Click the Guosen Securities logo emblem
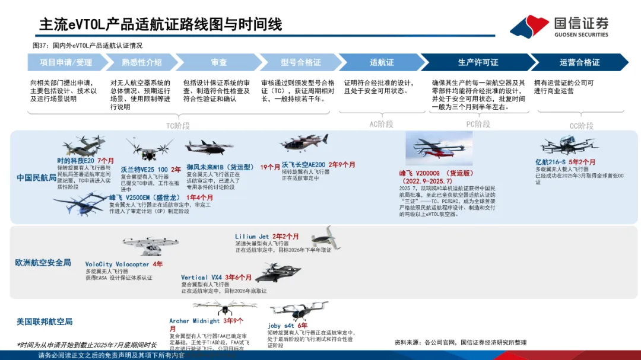coord(529,27)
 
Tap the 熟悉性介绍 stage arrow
coord(141,62)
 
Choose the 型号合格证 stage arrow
coord(300,62)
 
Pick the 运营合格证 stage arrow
coord(579,62)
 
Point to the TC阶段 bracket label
coord(177,126)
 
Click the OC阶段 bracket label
coord(581,126)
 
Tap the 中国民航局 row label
coord(36,177)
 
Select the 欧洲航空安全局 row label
coord(43,262)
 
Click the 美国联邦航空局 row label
coord(45,321)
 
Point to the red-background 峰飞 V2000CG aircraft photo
coord(439,148)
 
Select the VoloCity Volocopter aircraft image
coord(132,246)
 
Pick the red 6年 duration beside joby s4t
coord(303,326)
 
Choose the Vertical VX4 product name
coord(201,278)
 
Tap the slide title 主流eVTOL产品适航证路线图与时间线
coord(160,24)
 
